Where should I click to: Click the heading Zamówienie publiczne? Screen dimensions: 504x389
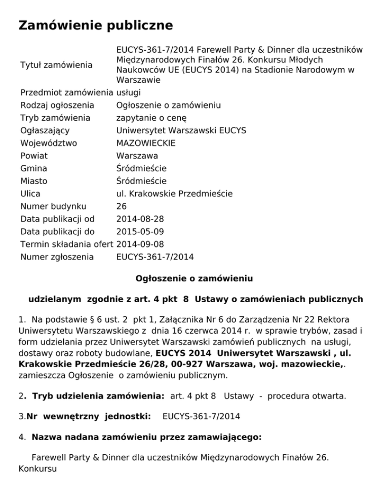pyautogui.click(x=96, y=25)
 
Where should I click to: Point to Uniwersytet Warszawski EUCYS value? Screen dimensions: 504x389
pyautogui.click(x=181, y=131)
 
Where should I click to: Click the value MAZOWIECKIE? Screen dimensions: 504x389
pyautogui.click(x=146, y=143)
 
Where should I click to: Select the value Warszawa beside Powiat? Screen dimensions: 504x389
pyautogui.click(x=137, y=156)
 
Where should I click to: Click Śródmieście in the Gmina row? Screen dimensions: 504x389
pyautogui.click(x=141, y=168)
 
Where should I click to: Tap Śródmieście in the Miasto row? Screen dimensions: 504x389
pyautogui.click(x=141, y=181)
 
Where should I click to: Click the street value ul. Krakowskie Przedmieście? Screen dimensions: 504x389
pyautogui.click(x=174, y=194)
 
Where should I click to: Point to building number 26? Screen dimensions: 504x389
pyautogui.click(x=122, y=206)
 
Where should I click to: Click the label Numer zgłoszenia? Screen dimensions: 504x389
pyautogui.click(x=57, y=257)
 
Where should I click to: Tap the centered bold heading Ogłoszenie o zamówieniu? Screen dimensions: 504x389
pyautogui.click(x=194, y=278)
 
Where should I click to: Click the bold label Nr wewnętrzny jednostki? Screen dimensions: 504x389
pyautogui.click(x=89, y=416)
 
